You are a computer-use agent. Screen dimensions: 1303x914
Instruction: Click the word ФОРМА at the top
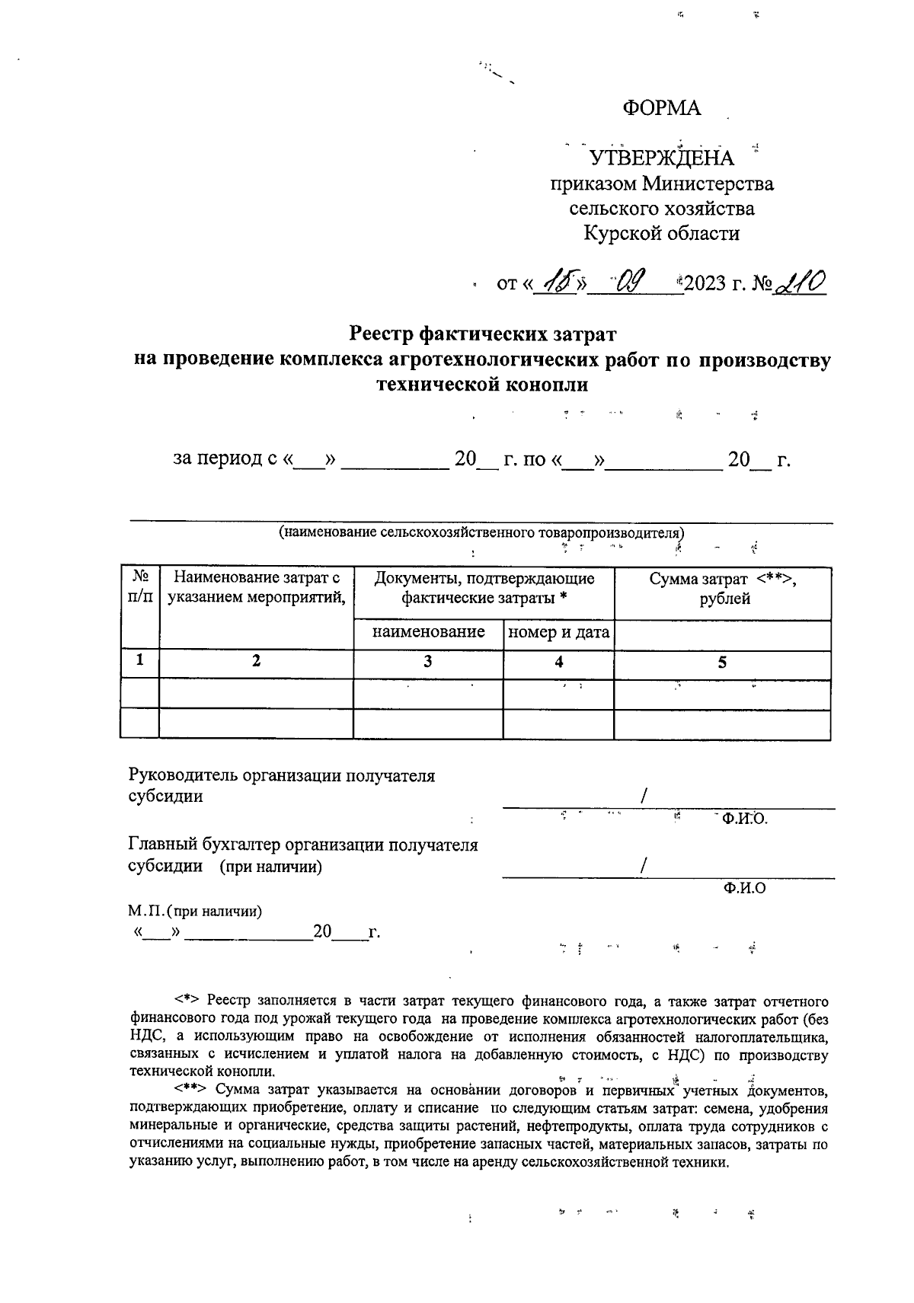pos(661,109)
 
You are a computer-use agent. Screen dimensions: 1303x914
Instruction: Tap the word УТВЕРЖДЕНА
pos(663,158)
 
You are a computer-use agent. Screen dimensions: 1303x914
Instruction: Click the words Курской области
pos(661,233)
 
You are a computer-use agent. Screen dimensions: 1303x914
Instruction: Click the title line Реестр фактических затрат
pos(482,334)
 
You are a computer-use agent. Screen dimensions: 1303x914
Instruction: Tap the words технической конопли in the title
pos(483,384)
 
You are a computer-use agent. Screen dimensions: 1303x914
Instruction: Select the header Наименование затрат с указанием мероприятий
pos(256,588)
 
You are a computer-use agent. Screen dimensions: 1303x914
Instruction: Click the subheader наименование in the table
pos(428,632)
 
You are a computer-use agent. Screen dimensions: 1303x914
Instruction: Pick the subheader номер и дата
pos(558,632)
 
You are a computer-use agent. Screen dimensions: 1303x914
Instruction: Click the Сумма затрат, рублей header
pos(722,588)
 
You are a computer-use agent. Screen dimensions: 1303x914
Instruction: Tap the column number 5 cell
pos(722,663)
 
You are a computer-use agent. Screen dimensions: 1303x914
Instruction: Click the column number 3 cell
pos(428,663)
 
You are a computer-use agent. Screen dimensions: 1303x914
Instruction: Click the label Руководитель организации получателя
pos(282,776)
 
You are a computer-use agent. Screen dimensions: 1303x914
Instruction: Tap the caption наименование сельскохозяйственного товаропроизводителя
pos(482,532)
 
